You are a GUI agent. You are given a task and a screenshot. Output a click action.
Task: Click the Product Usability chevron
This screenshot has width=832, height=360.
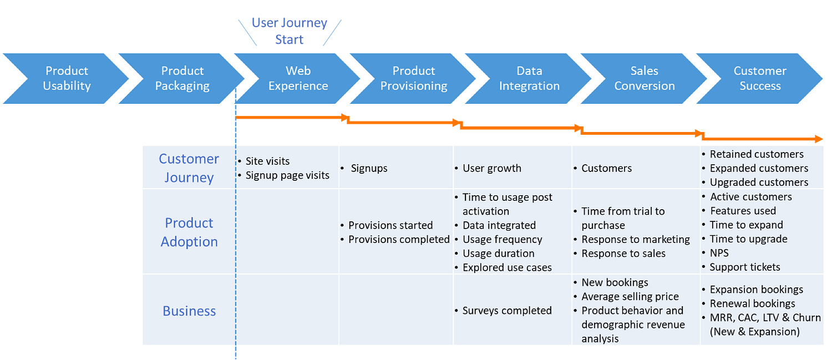(67, 78)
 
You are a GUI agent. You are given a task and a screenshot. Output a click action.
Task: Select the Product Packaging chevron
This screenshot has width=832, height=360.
(182, 78)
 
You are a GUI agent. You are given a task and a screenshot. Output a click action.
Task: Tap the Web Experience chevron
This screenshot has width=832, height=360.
(298, 78)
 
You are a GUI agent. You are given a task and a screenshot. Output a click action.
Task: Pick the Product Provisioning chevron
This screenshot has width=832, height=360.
(413, 78)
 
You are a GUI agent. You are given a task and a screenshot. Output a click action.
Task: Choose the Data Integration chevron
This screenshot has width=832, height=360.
(529, 78)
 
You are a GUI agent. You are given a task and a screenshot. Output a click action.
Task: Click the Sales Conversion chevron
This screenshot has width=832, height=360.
(644, 78)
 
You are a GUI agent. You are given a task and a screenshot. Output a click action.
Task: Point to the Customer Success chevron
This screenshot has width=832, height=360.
(760, 78)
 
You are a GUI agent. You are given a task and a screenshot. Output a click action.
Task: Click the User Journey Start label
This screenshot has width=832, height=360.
(290, 31)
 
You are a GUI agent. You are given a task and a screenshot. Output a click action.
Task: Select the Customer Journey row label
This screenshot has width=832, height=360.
(189, 168)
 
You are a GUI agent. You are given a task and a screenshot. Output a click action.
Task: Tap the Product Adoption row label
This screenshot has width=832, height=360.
(189, 232)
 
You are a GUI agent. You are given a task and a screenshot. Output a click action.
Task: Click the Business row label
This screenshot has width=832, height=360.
(189, 311)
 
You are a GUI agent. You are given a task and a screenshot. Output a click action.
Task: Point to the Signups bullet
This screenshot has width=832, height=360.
(369, 168)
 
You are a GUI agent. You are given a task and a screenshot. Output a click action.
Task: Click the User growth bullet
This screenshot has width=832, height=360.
(491, 168)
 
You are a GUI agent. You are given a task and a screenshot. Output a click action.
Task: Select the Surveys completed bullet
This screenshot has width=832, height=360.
(506, 311)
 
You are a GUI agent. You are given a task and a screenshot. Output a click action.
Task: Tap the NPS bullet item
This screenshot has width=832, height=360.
(719, 253)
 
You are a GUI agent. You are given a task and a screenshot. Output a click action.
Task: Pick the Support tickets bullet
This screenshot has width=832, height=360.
(744, 267)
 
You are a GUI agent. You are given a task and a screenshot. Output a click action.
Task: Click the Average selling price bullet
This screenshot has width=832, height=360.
(630, 297)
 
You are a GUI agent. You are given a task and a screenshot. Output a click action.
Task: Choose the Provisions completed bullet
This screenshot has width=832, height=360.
(398, 240)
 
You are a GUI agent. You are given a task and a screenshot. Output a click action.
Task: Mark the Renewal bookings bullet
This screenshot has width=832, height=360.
(752, 303)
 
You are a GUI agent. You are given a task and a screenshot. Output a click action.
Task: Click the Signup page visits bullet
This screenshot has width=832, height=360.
(287, 175)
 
